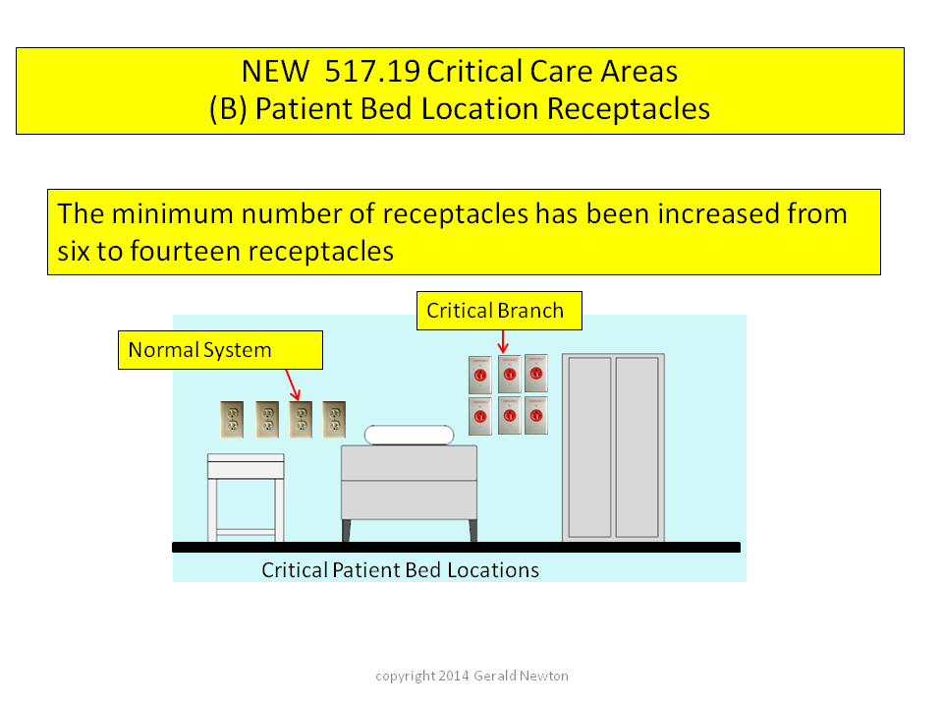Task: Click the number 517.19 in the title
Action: (371, 71)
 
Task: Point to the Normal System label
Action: (220, 350)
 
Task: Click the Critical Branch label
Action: (499, 311)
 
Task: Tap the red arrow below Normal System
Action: (293, 384)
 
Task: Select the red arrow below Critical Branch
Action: (503, 341)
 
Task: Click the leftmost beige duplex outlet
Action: (232, 420)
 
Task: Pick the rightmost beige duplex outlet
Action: (334, 420)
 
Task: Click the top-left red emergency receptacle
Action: (480, 375)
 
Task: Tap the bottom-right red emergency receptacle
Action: (536, 415)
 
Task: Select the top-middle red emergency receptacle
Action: (510, 375)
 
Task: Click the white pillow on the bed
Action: (409, 435)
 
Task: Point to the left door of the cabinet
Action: (589, 447)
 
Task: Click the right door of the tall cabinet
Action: (637, 447)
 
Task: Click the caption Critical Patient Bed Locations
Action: (400, 570)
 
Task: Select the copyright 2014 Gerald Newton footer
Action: (472, 677)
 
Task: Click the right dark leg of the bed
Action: (472, 530)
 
